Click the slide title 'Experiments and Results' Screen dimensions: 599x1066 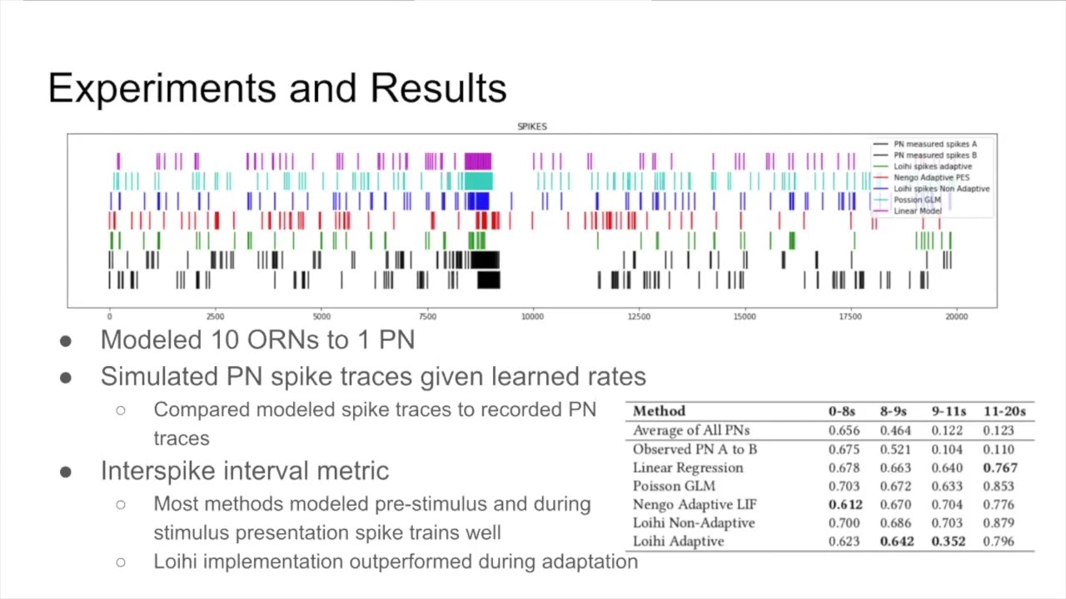pos(277,88)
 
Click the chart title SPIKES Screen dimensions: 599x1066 pos(532,126)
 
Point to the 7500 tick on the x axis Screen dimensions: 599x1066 pos(427,317)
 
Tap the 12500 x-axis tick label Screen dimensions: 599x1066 pos(639,317)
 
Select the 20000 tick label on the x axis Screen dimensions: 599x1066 pos(956,317)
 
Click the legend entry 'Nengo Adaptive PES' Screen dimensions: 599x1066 pos(931,177)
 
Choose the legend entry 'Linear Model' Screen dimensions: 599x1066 pos(918,211)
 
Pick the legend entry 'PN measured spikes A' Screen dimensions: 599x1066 pos(934,144)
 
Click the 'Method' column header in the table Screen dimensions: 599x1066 pos(659,411)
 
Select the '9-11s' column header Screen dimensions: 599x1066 pos(949,411)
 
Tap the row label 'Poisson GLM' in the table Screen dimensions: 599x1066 pos(674,486)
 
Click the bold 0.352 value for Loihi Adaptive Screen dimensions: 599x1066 pos(949,541)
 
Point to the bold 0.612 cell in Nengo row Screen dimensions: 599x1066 pos(845,504)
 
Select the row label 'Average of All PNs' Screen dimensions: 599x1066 pos(691,430)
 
